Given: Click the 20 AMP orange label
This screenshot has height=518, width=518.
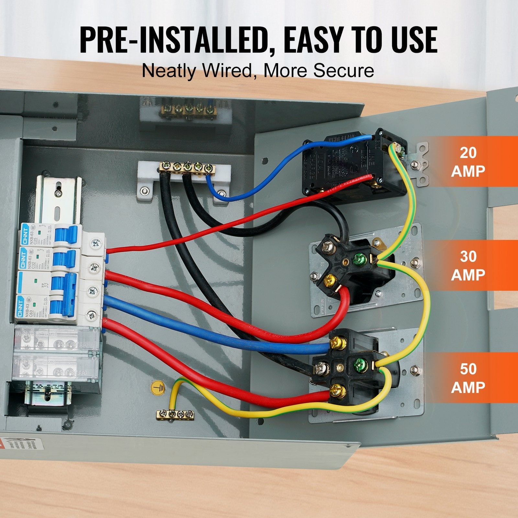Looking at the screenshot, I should pos(468,161).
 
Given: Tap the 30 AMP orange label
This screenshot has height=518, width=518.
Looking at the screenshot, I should pos(468,265).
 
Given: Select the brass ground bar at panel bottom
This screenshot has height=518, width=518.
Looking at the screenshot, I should pos(175,414).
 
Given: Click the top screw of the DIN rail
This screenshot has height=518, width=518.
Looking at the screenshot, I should pos(59,193).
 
